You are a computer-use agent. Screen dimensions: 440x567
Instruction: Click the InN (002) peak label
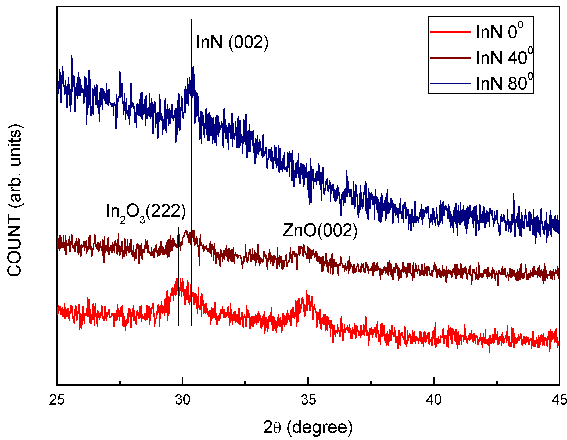click(x=232, y=42)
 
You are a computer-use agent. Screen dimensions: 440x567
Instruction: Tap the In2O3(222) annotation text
click(x=146, y=212)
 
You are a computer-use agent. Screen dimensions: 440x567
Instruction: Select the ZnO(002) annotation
click(x=320, y=231)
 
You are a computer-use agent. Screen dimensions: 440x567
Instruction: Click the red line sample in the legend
click(x=451, y=32)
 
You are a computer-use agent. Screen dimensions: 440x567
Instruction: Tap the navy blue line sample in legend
click(x=451, y=84)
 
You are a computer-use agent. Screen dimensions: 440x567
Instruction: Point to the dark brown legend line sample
click(x=451, y=58)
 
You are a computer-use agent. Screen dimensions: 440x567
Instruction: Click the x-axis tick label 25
click(x=57, y=400)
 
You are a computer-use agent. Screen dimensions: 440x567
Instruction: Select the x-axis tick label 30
click(x=183, y=400)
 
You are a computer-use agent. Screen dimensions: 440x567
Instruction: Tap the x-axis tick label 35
click(x=308, y=400)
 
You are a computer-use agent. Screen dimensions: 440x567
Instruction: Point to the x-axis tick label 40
click(x=434, y=400)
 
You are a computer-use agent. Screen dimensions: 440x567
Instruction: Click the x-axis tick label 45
click(x=559, y=400)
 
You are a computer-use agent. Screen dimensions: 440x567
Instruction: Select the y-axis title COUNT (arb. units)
click(x=15, y=200)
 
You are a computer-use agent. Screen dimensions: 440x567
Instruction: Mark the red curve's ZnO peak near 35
click(x=306, y=292)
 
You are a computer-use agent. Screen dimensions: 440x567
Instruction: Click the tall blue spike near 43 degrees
click(x=514, y=194)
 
